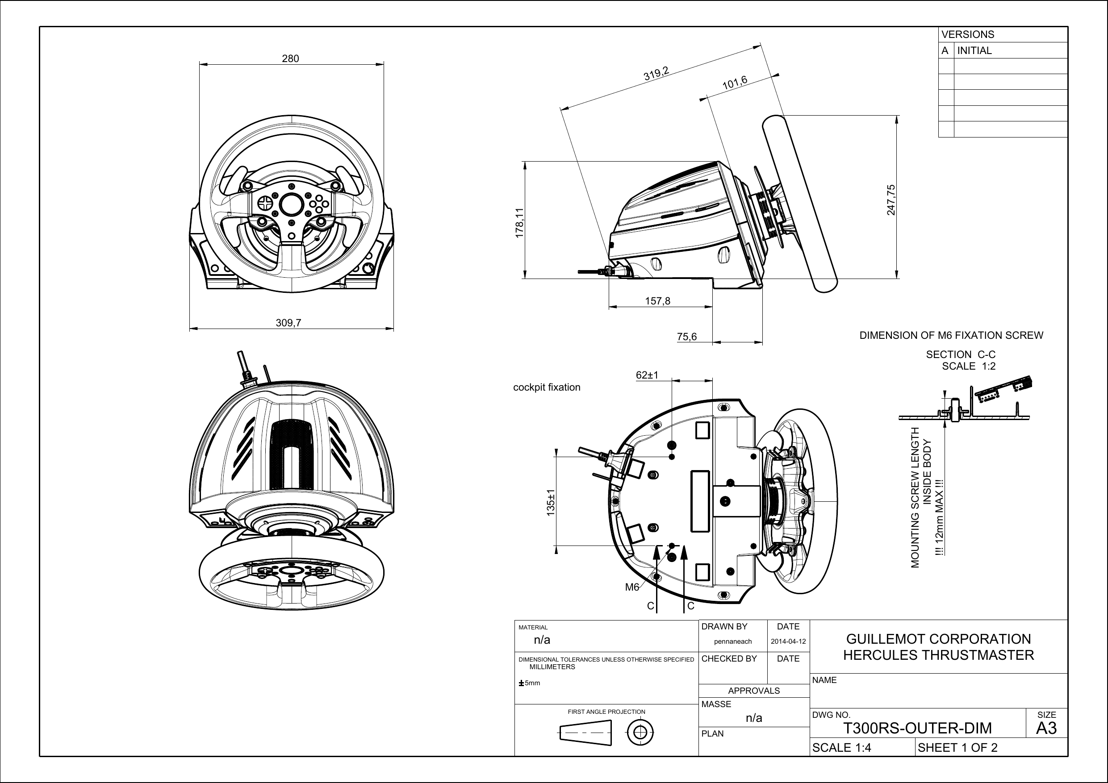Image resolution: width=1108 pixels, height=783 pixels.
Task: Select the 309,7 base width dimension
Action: [x=288, y=323]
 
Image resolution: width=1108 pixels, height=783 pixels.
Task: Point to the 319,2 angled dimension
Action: [x=656, y=74]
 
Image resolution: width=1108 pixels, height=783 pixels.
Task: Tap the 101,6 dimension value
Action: [x=735, y=83]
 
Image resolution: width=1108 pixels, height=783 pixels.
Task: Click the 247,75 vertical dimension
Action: [x=891, y=200]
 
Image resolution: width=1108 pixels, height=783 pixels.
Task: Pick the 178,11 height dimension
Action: [x=519, y=223]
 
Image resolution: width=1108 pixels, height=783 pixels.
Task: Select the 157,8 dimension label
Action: [x=657, y=301]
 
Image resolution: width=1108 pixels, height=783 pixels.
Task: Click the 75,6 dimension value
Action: [x=687, y=337]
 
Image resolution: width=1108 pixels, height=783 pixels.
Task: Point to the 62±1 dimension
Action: [x=647, y=375]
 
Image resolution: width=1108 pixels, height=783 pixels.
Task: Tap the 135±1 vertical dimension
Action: [x=551, y=503]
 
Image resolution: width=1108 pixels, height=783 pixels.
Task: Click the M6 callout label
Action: [x=631, y=587]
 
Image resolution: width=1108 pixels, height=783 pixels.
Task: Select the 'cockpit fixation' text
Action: [x=546, y=387]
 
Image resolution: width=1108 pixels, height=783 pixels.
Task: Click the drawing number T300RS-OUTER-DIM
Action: [x=917, y=728]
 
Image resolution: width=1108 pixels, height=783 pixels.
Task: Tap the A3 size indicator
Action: [x=1046, y=728]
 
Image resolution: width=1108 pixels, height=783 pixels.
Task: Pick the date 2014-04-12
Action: [x=788, y=641]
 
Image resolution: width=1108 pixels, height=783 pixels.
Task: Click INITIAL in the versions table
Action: [x=974, y=50]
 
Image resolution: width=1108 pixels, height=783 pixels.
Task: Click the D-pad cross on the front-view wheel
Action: [x=264, y=203]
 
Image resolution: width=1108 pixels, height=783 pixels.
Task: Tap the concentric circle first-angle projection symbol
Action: [x=640, y=733]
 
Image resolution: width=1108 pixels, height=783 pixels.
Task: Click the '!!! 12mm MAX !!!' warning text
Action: [x=939, y=517]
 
